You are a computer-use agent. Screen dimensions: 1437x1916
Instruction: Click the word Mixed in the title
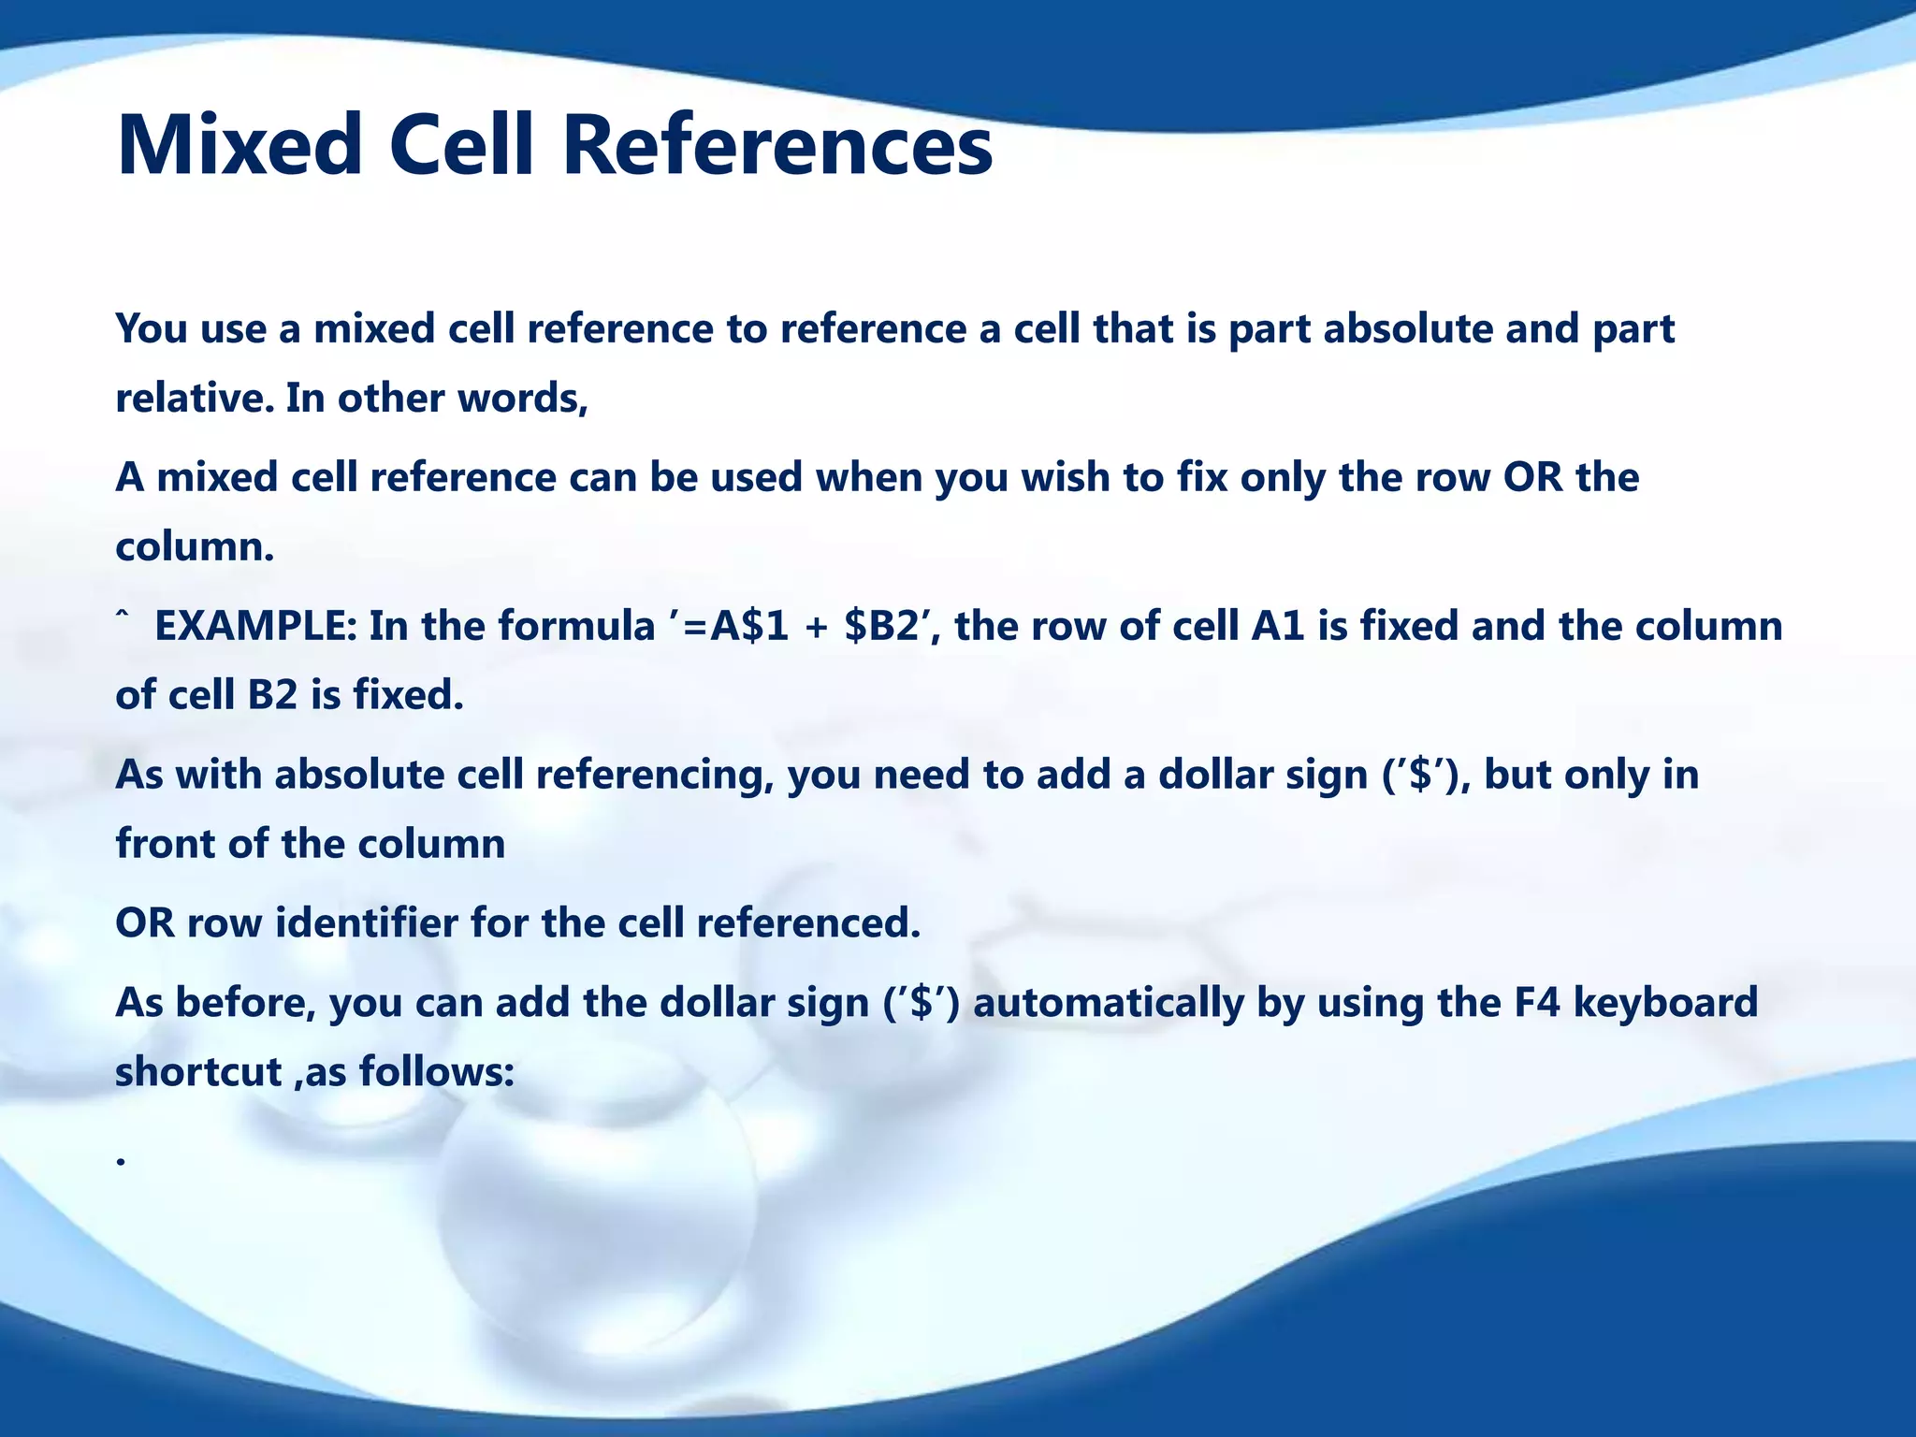[239, 145]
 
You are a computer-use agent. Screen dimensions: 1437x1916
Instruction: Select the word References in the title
[777, 145]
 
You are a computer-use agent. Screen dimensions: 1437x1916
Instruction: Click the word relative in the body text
[192, 399]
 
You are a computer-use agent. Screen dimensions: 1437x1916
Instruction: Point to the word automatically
[1109, 1004]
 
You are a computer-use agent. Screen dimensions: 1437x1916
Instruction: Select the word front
[166, 845]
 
